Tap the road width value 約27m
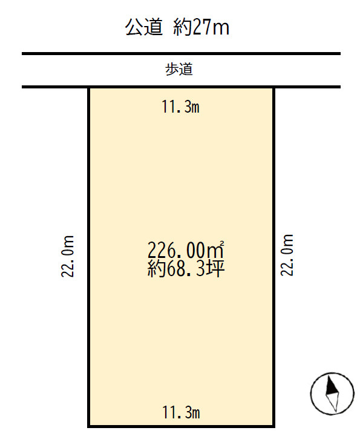pyautogui.click(x=201, y=27)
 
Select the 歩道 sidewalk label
pyautogui.click(x=180, y=70)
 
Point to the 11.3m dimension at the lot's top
pyautogui.click(x=181, y=108)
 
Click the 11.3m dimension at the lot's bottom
pyautogui.click(x=181, y=414)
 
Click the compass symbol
pyautogui.click(x=332, y=392)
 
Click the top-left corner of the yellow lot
pyautogui.click(x=90, y=88)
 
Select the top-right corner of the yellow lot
pyautogui.click(x=273, y=88)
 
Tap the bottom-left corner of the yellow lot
pyautogui.click(x=90, y=426)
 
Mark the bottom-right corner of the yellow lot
pyautogui.click(x=273, y=426)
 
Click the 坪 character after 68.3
pyautogui.click(x=216, y=268)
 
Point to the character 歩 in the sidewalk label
pyautogui.click(x=172, y=70)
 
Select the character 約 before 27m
pyautogui.click(x=182, y=27)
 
